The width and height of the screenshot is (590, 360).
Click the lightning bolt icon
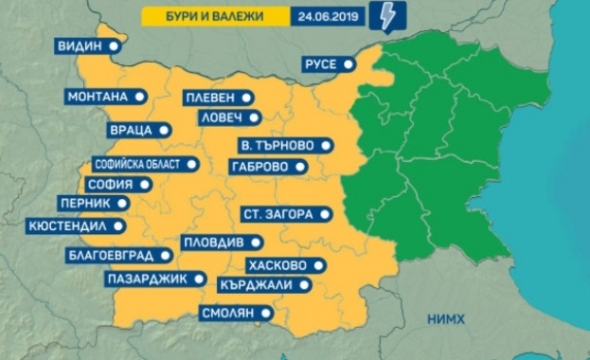pyautogui.click(x=389, y=16)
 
